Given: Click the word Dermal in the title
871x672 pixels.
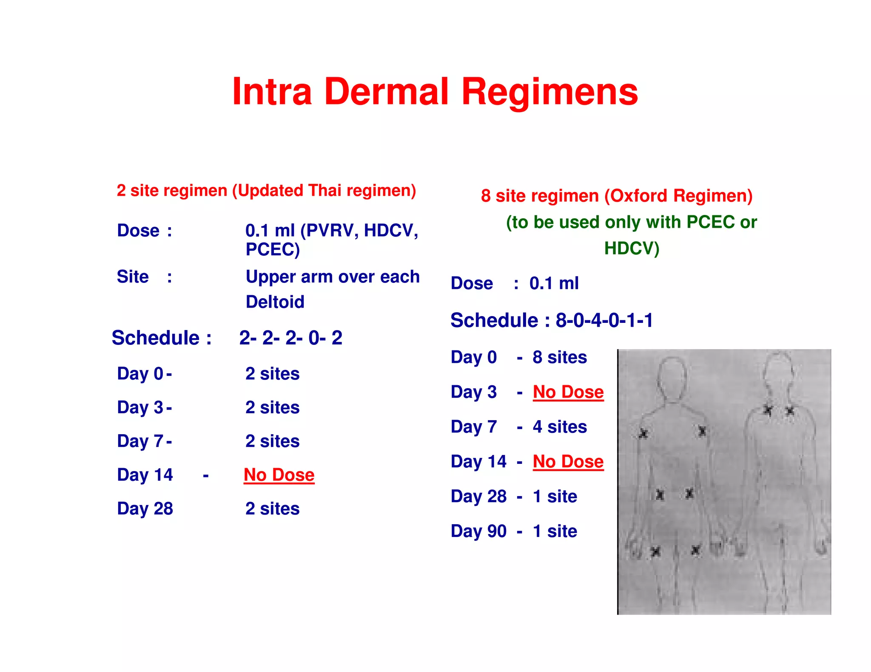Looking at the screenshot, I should tap(386, 92).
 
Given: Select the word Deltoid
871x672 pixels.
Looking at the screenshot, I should tap(275, 302).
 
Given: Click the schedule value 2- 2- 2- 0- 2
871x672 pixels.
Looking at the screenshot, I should tap(290, 338).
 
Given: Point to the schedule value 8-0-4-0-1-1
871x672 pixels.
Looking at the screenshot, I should tap(604, 320).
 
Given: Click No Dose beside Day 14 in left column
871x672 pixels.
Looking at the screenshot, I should tap(279, 475).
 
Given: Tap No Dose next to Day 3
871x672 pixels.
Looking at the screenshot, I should tap(568, 392).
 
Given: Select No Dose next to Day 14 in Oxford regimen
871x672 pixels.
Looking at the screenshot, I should tap(568, 462).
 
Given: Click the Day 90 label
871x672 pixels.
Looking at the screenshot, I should tap(478, 531).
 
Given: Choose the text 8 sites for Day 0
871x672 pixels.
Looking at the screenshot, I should tap(559, 357).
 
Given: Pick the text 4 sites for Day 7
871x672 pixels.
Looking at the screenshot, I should tap(559, 427).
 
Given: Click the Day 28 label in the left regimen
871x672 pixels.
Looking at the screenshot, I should tap(145, 509).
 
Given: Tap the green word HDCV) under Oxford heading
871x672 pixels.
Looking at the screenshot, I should tap(632, 248).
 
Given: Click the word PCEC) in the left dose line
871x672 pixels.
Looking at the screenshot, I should tap(273, 249).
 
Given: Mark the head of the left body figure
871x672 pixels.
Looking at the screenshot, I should tap(672, 376).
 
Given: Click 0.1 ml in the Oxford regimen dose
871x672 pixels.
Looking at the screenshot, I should tap(554, 283).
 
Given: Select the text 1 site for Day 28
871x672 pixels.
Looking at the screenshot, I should tap(555, 497).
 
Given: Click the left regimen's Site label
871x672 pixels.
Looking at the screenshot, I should tap(133, 277).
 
